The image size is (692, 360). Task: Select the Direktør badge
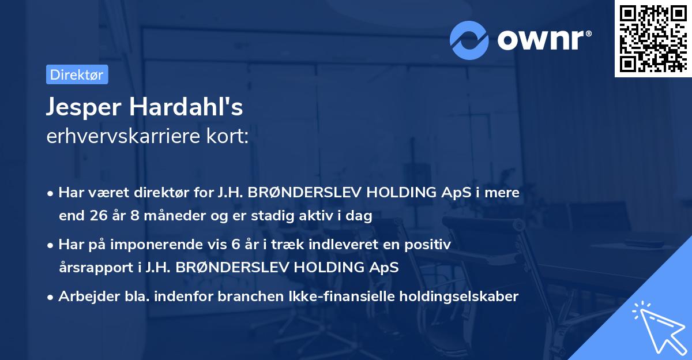coord(77,74)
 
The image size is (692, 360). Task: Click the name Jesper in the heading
coord(85,108)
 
